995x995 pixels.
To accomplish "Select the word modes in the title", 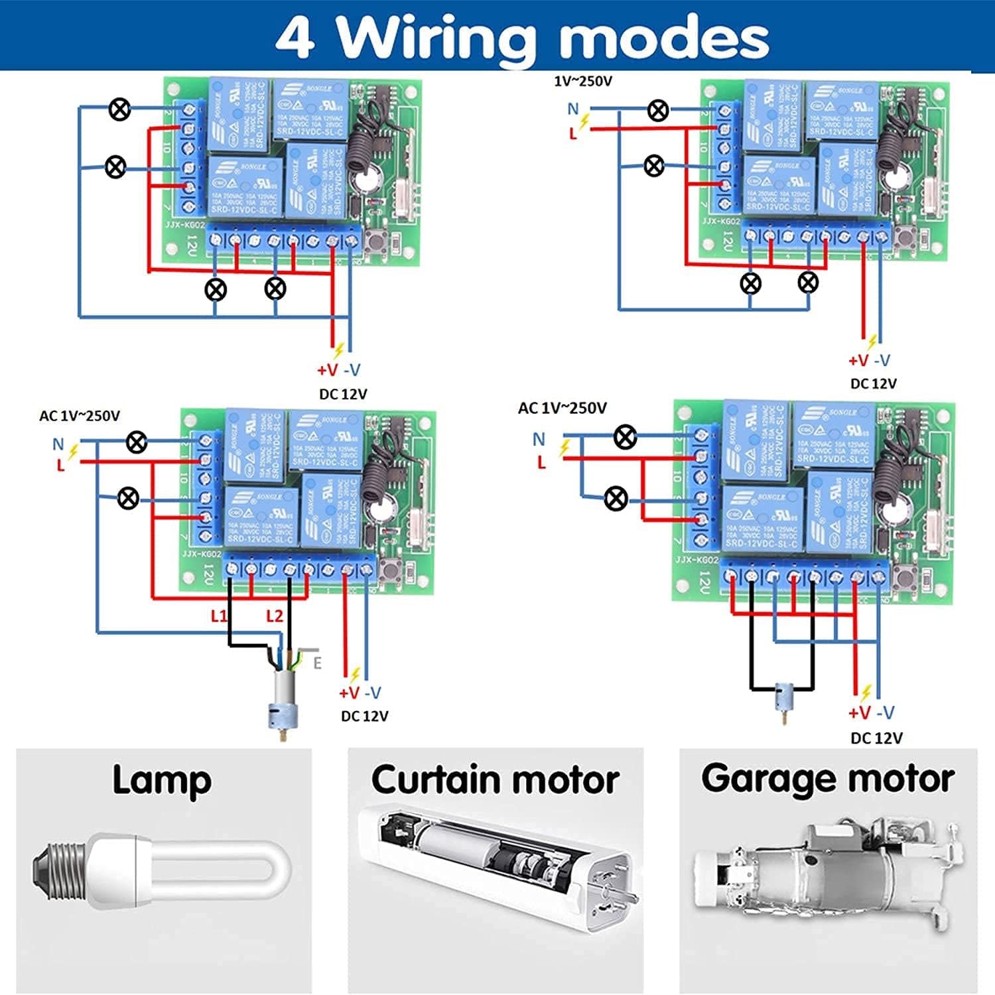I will [664, 38].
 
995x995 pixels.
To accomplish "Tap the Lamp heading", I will [162, 781].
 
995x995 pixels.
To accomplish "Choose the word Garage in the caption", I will [763, 779].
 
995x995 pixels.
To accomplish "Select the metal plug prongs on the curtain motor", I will [617, 892].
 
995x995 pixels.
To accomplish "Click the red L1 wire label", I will [218, 616].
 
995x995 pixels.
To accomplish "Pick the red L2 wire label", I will [274, 616].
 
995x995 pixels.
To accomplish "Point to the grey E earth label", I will [317, 663].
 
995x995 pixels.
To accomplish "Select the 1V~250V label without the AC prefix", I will [583, 82].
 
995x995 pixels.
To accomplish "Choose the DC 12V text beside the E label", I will [364, 716].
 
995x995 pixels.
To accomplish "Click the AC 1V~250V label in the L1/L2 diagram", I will [80, 416].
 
